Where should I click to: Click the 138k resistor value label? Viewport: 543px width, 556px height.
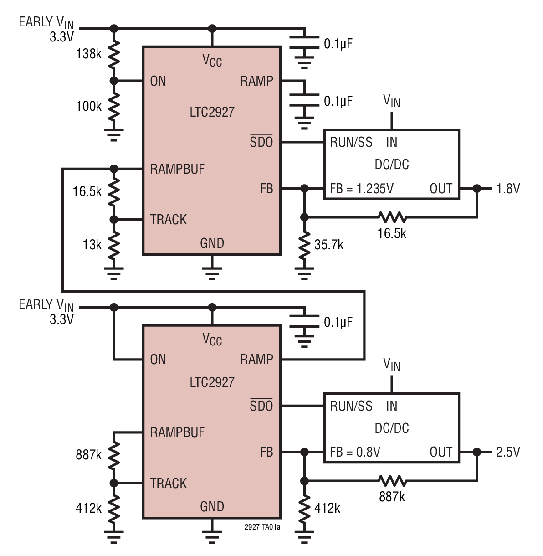coord(88,54)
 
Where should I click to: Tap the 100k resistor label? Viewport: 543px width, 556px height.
coord(88,107)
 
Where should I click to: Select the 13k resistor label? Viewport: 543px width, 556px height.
coord(92,245)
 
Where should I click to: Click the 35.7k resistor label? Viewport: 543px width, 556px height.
coord(328,245)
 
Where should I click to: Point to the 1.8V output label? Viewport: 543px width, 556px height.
coord(507,189)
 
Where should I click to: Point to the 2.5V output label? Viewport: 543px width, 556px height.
coord(507,452)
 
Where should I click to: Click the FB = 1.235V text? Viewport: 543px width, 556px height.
coord(362,189)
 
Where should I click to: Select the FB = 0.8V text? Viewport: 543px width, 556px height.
coord(355,452)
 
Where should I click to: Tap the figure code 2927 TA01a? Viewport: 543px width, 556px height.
coord(262,527)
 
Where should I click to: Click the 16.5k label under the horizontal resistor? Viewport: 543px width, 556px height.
coord(392,233)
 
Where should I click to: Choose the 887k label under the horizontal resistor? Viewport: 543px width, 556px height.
coord(392,497)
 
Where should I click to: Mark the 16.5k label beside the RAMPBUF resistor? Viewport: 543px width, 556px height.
coord(87,191)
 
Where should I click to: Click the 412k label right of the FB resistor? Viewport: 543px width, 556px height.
coord(327,508)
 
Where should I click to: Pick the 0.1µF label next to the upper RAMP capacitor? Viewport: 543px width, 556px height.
coord(338,101)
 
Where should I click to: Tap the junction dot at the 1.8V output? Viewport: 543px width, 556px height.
coord(476,188)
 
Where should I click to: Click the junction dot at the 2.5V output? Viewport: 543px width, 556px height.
coord(476,452)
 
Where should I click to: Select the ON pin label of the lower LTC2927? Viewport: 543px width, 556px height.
coord(158,360)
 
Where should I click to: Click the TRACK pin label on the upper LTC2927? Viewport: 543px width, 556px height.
coord(169,220)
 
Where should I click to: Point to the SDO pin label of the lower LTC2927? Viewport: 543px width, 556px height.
coord(261,406)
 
